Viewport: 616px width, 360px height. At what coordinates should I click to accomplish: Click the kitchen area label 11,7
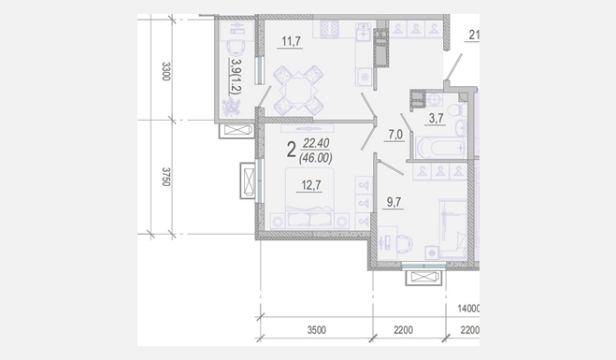pos(291,41)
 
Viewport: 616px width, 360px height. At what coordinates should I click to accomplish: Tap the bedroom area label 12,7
pos(311,185)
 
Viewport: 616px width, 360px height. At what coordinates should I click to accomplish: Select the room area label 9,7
pos(394,202)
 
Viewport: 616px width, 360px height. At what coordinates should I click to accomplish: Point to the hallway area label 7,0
pos(395,135)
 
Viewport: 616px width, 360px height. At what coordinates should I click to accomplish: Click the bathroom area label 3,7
pos(437,118)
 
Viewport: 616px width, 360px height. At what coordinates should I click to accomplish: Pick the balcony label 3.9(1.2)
pos(236,77)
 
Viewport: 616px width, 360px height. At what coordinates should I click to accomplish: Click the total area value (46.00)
pos(315,158)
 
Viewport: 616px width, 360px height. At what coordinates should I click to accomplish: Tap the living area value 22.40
pos(315,143)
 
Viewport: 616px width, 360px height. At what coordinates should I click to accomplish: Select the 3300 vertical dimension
pos(165,71)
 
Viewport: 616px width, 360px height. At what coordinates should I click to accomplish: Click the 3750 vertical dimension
pos(165,177)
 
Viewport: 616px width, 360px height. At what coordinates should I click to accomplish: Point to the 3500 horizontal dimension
pos(317,330)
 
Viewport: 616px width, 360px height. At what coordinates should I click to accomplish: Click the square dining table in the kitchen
pos(298,91)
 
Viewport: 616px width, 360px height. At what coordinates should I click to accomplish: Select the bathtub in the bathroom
pos(440,148)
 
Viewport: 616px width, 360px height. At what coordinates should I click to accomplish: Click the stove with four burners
pos(329,29)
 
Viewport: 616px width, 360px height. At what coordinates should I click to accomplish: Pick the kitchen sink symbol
pos(364,32)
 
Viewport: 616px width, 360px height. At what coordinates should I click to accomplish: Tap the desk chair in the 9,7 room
pos(405,242)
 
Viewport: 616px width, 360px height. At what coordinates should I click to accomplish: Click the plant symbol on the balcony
pos(232,107)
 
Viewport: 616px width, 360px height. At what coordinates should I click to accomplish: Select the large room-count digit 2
pos(291,150)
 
